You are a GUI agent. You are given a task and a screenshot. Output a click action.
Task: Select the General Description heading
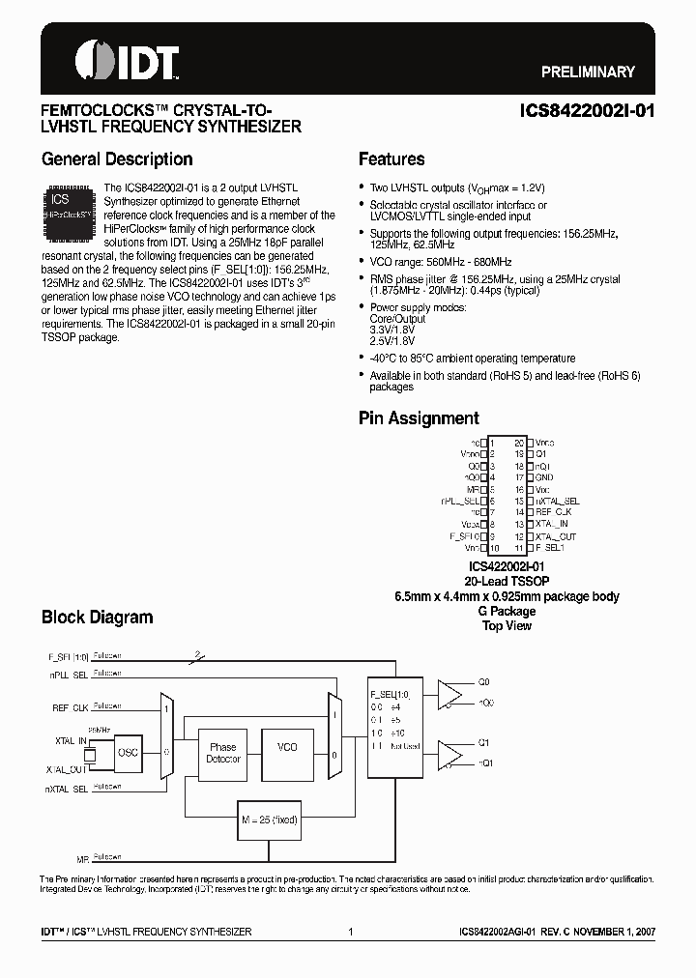[117, 159]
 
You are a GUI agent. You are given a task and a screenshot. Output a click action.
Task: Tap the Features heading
[391, 159]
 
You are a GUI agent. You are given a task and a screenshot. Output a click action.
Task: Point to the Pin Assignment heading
[419, 418]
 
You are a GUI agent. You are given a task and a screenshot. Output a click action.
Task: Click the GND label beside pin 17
[544, 476]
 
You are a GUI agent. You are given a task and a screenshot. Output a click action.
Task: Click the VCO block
[287, 748]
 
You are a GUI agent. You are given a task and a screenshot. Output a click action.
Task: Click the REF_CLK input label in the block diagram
[70, 707]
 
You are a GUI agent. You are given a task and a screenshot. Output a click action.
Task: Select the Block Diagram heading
[97, 617]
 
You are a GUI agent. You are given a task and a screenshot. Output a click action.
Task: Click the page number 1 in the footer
[349, 932]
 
